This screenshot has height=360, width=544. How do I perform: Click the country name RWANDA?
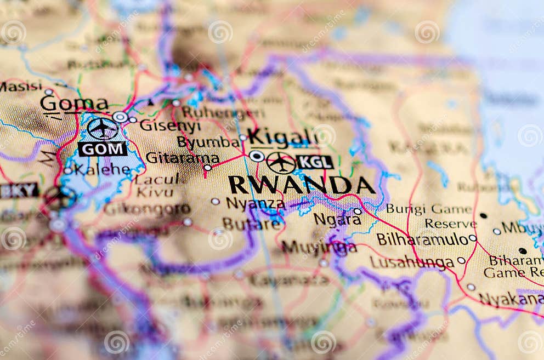pyautogui.click(x=301, y=185)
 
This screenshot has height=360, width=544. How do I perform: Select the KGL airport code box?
pyautogui.click(x=315, y=162)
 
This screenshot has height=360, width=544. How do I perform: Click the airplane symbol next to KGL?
pyautogui.click(x=281, y=163)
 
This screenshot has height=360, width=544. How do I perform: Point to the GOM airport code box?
pyautogui.click(x=102, y=148)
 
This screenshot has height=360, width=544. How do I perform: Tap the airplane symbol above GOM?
pyautogui.click(x=102, y=129)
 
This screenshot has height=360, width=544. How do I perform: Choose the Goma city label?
pyautogui.click(x=74, y=104)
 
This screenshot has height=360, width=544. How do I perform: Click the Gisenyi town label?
pyautogui.click(x=170, y=125)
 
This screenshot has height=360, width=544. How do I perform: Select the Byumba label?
pyautogui.click(x=208, y=142)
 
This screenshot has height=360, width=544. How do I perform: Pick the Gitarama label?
pyautogui.click(x=182, y=158)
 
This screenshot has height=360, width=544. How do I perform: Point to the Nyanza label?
pyautogui.click(x=255, y=204)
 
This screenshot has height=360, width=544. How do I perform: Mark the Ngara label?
pyautogui.click(x=337, y=220)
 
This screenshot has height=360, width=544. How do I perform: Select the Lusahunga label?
pyautogui.click(x=412, y=262)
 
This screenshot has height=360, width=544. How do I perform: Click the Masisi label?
pyautogui.click(x=21, y=86)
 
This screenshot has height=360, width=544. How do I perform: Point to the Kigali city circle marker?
pyautogui.click(x=256, y=156)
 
